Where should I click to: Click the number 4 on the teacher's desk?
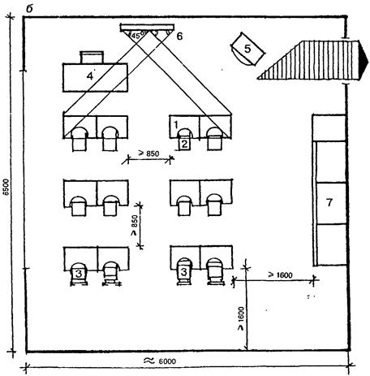click(90, 76)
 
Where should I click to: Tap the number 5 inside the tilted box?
click(247, 49)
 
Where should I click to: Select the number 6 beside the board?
click(179, 36)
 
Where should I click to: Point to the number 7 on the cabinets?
click(329, 202)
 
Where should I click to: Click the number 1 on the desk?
click(176, 125)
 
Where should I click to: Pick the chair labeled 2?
click(184, 143)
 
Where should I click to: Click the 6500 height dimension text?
click(6, 187)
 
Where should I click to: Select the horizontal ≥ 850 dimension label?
click(148, 153)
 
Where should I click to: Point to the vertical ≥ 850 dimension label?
click(135, 225)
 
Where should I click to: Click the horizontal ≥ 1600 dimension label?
click(281, 275)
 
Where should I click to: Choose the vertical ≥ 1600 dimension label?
click(240, 318)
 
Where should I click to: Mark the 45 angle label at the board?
click(136, 36)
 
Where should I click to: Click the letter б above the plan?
click(29, 9)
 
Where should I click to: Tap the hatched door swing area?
click(308, 60)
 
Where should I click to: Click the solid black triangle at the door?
click(364, 60)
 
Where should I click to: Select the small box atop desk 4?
click(92, 57)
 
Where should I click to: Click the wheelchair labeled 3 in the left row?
click(79, 274)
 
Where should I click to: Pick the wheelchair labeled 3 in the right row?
click(184, 272)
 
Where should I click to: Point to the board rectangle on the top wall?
click(147, 28)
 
